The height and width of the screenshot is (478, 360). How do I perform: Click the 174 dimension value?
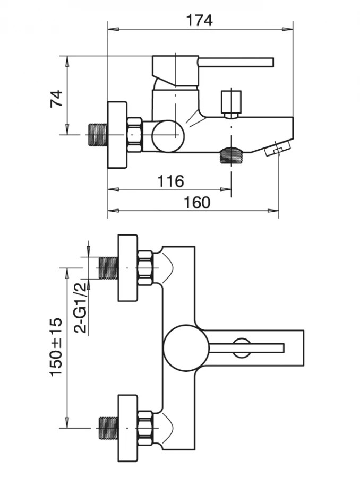pyautogui.click(x=200, y=20)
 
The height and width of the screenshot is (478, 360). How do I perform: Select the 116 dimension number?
pyautogui.click(x=170, y=181)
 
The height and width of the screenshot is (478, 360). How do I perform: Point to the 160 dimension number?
pyautogui.click(x=196, y=202)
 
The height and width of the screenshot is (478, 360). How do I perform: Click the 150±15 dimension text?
pyautogui.click(x=56, y=347)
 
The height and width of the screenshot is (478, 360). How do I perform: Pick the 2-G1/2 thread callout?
pyautogui.click(x=81, y=308)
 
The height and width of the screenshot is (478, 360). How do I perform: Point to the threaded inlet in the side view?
pyautogui.click(x=97, y=135)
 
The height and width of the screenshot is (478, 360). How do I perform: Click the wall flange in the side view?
pyautogui.click(x=117, y=135)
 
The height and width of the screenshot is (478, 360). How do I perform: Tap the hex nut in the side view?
pyautogui.click(x=134, y=135)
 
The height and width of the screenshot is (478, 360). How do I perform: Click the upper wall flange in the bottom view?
pyautogui.click(x=127, y=268)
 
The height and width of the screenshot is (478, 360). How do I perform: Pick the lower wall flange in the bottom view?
pyautogui.click(x=127, y=427)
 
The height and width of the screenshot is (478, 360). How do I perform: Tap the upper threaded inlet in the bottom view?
pyautogui.click(x=108, y=268)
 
